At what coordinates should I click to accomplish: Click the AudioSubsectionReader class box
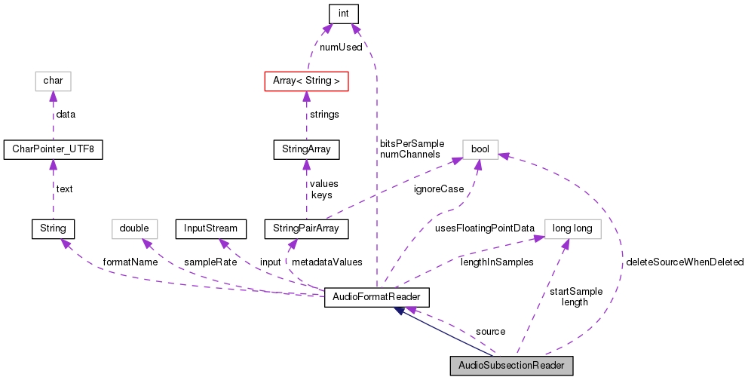[511, 366]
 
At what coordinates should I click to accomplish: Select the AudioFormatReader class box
[376, 297]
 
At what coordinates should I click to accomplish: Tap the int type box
[343, 14]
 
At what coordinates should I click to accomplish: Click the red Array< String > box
[305, 80]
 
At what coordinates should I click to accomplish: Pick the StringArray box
[305, 149]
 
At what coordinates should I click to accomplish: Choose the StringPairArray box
[306, 228]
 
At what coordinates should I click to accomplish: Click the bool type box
[480, 149]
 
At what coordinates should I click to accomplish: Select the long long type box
[572, 228]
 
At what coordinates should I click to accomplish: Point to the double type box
[135, 228]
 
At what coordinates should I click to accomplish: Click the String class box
[52, 228]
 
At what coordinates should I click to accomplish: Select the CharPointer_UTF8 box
[52, 149]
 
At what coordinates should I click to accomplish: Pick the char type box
[52, 80]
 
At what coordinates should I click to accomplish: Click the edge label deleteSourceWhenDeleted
[684, 262]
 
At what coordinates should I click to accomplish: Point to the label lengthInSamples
[497, 262]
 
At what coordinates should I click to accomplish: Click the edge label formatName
[130, 262]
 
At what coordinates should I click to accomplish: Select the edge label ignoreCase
[438, 189]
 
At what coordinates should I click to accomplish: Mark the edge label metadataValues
[326, 262]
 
